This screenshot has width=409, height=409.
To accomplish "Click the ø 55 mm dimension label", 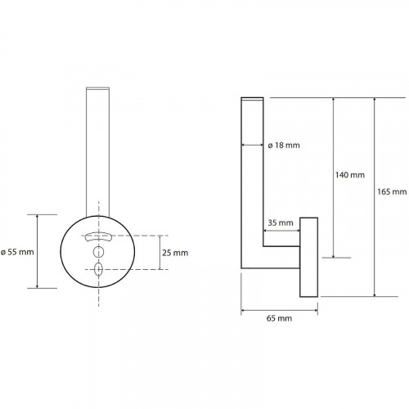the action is click(x=17, y=252).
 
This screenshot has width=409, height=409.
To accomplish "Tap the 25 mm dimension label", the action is click(x=175, y=253).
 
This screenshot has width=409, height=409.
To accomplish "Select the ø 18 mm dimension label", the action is click(x=284, y=146).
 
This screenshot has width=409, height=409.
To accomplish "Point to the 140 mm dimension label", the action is click(x=350, y=175).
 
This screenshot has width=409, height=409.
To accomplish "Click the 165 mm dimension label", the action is click(x=392, y=191).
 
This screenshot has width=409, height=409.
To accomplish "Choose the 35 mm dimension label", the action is click(x=281, y=222).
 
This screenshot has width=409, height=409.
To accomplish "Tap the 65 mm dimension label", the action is click(x=279, y=318).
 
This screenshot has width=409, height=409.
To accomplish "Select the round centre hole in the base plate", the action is click(x=98, y=252).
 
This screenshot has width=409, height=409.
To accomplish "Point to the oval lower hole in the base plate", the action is click(x=98, y=269).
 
